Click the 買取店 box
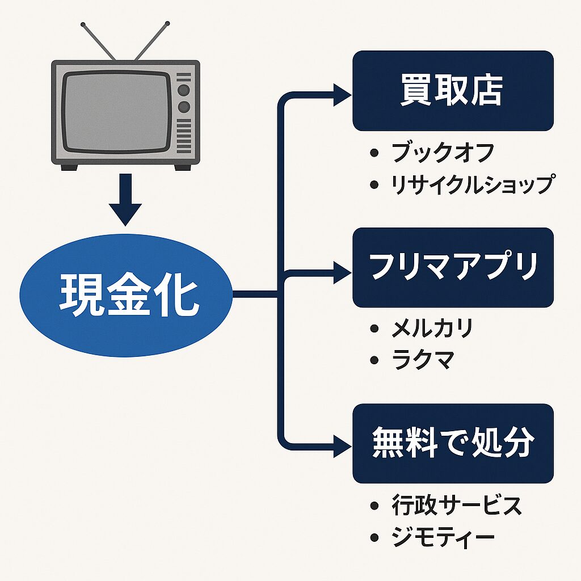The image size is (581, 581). tap(453, 91)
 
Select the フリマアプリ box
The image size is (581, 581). tap(453, 267)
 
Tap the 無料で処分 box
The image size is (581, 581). tap(453, 443)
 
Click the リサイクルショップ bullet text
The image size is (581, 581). tap(471, 184)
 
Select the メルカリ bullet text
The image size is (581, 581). tap(432, 329)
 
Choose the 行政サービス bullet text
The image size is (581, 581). tap(456, 504)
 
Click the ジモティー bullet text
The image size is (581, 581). tap(443, 536)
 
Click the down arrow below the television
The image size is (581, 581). tap(125, 201)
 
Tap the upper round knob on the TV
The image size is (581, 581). tap(183, 90)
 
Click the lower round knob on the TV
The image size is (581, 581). tap(183, 107)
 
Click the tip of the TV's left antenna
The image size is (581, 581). tap(83, 25)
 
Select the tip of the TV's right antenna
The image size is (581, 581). tap(167, 24)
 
